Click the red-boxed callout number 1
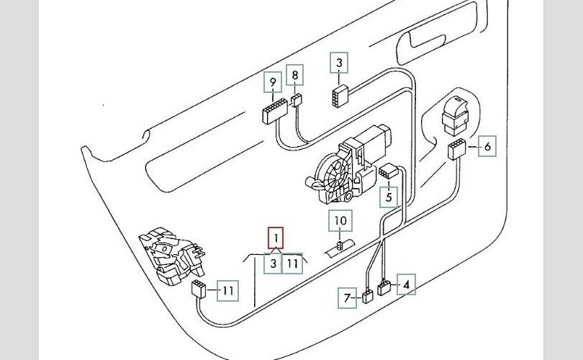tap(276, 238)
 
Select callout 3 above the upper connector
tap(339, 63)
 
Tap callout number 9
tap(273, 82)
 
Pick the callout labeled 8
tap(295, 75)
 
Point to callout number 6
tap(487, 146)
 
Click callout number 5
tap(389, 197)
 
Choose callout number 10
tap(340, 220)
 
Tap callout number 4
tap(407, 284)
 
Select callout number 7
tap(347, 298)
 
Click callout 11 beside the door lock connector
tap(228, 290)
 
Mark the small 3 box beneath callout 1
tap(274, 264)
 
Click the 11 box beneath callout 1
tap(292, 264)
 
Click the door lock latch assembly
tap(172, 256)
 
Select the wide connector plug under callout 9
tap(274, 110)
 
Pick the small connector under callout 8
tap(297, 100)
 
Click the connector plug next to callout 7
tap(367, 297)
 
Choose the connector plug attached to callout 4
tap(384, 287)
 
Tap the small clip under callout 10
tap(340, 245)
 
